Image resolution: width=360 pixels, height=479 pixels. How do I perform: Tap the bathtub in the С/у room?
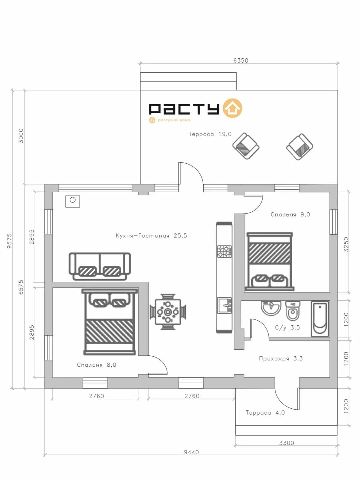(320, 319)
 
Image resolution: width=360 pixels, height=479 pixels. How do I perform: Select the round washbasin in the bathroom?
(271, 308)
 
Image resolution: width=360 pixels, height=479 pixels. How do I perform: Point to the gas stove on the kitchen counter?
(224, 251)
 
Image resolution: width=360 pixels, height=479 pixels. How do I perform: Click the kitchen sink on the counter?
(224, 305)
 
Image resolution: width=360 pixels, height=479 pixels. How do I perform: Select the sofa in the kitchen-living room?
(100, 266)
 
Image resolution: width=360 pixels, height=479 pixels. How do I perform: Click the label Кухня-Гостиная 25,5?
(151, 236)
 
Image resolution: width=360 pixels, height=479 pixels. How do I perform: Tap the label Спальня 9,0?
(290, 215)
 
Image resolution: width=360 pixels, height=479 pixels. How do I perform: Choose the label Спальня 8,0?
(96, 365)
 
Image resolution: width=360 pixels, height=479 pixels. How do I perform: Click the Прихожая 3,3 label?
(281, 359)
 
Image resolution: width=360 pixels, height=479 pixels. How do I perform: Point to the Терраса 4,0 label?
(265, 413)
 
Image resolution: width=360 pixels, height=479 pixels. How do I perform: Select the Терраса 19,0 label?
(210, 134)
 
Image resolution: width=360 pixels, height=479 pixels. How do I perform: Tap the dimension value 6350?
(241, 60)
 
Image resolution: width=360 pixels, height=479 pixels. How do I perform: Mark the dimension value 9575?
(10, 241)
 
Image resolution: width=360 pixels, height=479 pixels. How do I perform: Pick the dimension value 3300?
(287, 443)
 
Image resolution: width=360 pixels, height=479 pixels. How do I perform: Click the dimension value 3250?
(346, 244)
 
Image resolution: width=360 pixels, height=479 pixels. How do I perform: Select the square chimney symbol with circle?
(73, 201)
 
